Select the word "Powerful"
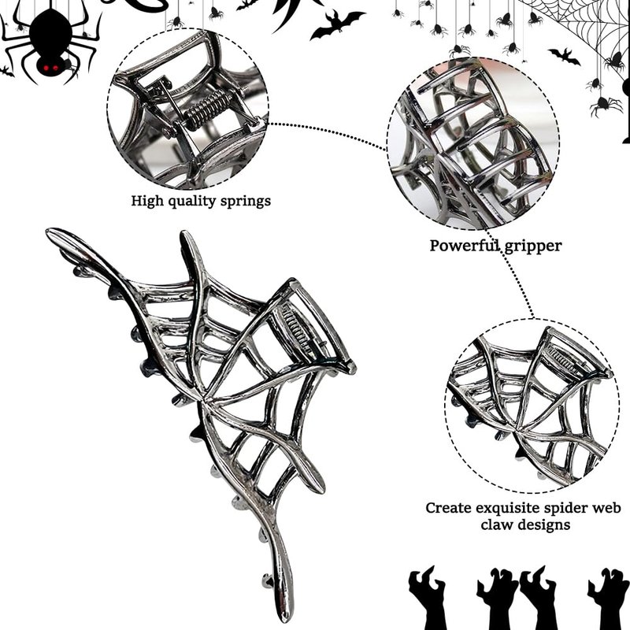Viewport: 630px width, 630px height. (x=465, y=245)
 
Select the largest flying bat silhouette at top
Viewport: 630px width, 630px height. (x=337, y=25)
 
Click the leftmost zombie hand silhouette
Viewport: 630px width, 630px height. (x=426, y=598)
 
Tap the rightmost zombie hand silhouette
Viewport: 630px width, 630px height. (x=609, y=599)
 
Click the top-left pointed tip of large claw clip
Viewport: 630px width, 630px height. (x=49, y=232)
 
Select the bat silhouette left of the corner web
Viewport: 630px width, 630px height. (x=565, y=56)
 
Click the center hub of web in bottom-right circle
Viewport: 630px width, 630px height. (x=518, y=431)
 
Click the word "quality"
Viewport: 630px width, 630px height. (x=191, y=202)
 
